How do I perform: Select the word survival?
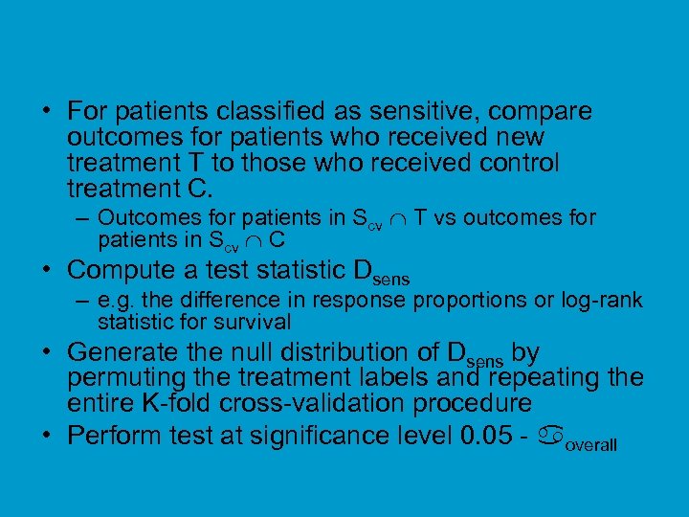(x=253, y=322)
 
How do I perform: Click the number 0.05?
(x=494, y=435)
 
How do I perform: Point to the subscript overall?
(x=590, y=445)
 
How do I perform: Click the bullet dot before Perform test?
(x=47, y=435)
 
